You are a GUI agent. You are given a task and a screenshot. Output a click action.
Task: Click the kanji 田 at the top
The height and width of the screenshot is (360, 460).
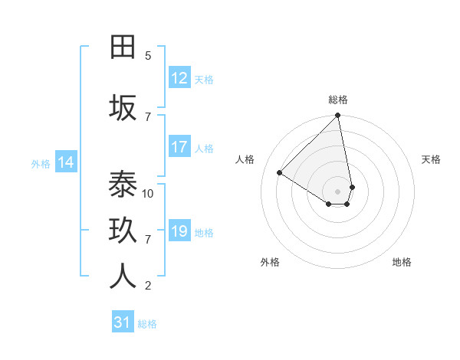[x=123, y=47]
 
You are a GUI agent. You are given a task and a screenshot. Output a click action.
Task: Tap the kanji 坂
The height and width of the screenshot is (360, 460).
[x=123, y=108]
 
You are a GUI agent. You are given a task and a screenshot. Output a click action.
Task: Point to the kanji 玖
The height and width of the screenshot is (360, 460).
[x=123, y=231]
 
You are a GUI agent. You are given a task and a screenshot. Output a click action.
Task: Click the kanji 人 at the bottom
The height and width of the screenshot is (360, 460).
[x=123, y=277]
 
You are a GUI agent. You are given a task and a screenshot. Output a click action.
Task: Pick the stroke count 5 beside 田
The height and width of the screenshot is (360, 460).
[x=148, y=56]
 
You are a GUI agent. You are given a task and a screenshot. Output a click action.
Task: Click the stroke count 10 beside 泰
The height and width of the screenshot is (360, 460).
[x=148, y=193]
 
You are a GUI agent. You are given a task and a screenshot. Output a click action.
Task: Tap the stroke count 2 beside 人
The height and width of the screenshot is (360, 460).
[x=148, y=286]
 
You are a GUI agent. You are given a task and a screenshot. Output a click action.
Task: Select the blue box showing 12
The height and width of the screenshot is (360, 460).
[x=179, y=78]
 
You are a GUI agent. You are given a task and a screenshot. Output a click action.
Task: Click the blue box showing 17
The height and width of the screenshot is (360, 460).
[x=179, y=147]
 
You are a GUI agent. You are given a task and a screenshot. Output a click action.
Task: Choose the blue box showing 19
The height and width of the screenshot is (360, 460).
[x=179, y=231]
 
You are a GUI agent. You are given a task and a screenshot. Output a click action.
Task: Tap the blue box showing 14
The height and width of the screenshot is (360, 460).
[x=66, y=162]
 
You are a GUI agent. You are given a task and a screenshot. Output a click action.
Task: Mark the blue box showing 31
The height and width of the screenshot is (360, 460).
[x=123, y=322]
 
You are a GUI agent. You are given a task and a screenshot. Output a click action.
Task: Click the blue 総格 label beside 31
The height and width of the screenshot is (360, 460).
[x=147, y=324]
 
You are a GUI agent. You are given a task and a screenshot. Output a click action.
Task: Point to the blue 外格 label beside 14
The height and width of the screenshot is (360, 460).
[x=41, y=163]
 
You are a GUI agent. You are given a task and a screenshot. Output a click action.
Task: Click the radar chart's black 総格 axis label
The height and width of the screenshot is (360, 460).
[x=338, y=100]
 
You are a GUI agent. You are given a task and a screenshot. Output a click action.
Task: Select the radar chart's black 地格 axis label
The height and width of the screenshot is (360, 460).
[x=402, y=262]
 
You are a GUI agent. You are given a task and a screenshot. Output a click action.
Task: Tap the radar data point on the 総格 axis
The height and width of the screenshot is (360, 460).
[x=338, y=116]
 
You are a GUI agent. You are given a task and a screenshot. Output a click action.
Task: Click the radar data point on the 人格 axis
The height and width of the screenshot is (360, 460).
[x=280, y=173]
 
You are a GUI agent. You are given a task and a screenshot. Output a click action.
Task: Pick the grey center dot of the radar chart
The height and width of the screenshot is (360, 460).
[x=338, y=191]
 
